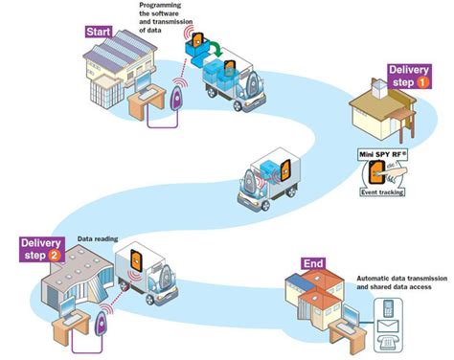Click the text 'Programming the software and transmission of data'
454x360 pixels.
[157, 19]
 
